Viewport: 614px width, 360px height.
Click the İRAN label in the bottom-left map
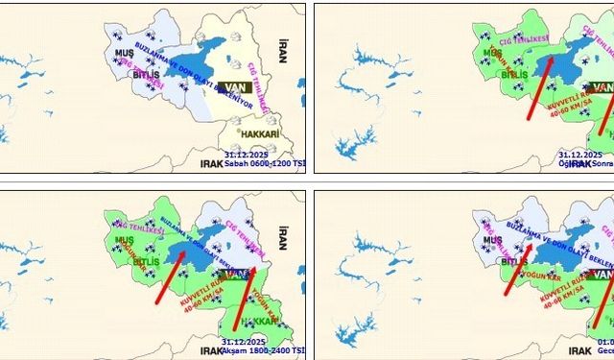[x=283, y=232]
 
